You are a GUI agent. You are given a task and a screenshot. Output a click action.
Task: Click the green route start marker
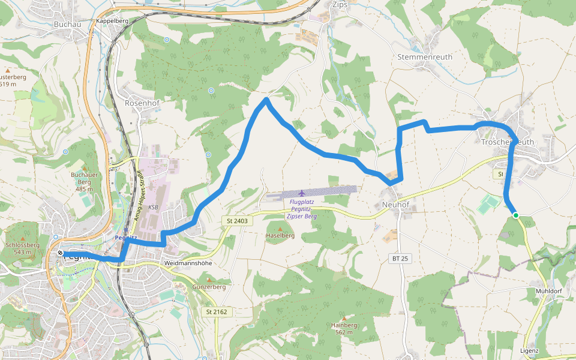tap(515, 215)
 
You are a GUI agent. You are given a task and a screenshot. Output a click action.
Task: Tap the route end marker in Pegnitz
tap(61, 253)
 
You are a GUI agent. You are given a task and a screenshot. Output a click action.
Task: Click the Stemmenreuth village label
tap(425, 57)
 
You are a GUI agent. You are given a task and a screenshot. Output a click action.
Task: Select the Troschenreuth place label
tap(508, 142)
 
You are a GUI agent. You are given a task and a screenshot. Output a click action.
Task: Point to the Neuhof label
tap(395, 205)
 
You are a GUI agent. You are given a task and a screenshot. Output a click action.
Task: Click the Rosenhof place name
tap(140, 103)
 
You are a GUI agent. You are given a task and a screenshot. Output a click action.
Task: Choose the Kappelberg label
tap(112, 20)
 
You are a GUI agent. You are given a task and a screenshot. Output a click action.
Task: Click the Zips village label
tap(340, 4)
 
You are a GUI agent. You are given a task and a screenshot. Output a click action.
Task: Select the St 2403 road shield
tap(237, 221)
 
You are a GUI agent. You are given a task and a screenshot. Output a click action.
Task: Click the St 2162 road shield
tap(217, 311)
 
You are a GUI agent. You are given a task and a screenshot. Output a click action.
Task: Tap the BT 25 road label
tap(400, 259)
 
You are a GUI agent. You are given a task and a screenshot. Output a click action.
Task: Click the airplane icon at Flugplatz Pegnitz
tap(301, 193)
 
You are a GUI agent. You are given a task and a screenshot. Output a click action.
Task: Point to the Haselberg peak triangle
tap(279, 229)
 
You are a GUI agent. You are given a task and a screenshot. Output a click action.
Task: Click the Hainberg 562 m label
tap(344, 328)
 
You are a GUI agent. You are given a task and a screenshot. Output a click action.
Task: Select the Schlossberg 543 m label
tap(22, 248)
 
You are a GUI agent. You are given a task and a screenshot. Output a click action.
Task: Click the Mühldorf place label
tap(548, 291)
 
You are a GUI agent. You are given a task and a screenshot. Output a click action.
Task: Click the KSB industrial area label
tap(152, 207)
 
